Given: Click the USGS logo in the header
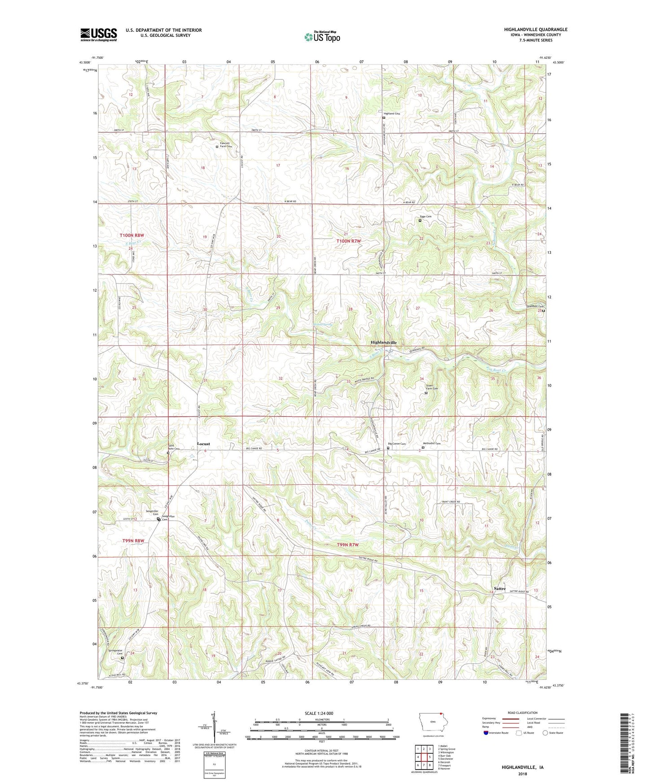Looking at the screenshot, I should click(98, 34).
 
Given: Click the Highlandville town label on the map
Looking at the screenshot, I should click(383, 342).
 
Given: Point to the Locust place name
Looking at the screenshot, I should click(204, 444).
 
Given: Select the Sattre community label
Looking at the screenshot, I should click(500, 588).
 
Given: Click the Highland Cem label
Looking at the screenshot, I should click(391, 113).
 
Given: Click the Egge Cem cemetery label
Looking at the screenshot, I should click(426, 217).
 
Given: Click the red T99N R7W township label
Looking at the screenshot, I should click(348, 544).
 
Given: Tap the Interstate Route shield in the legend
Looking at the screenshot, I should click(486, 733).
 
